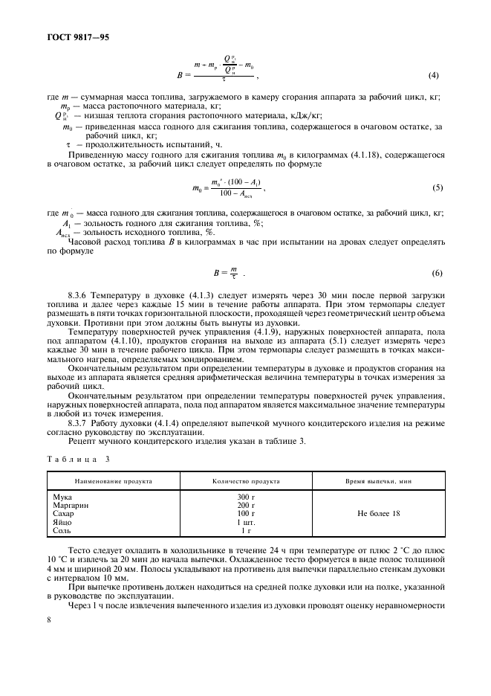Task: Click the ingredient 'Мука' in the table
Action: [x=64, y=497]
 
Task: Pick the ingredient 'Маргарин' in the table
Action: [x=71, y=505]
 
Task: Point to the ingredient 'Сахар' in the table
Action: [x=65, y=513]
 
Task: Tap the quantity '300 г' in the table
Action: [x=245, y=497]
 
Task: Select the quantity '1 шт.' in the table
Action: [x=245, y=522]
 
